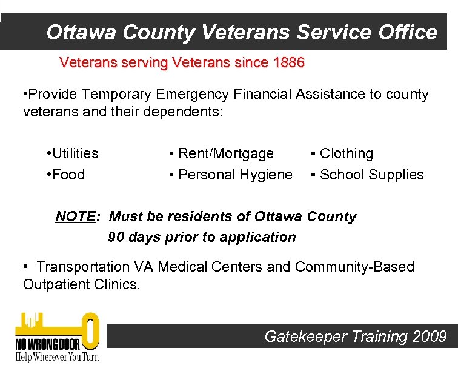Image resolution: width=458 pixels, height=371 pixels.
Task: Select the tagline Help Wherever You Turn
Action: (56, 356)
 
